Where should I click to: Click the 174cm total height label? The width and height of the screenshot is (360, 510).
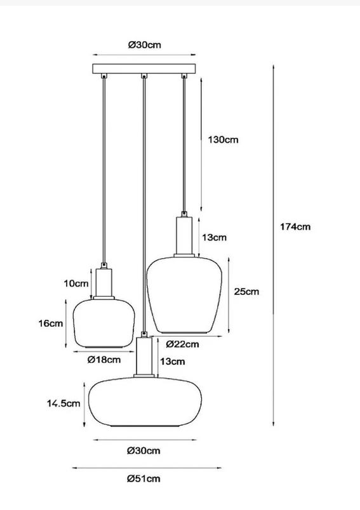295,226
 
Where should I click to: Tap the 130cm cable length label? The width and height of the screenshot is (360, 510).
223,140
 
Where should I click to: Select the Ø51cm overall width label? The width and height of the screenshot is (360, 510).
143,479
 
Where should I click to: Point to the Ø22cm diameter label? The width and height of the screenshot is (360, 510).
182,344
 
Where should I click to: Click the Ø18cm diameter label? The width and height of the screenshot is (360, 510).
104,360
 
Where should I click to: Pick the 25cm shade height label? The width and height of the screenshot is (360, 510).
246,291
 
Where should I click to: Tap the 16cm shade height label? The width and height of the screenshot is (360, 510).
50,324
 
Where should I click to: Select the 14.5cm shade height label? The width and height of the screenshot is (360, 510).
63,403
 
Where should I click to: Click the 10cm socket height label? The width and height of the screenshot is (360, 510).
76,284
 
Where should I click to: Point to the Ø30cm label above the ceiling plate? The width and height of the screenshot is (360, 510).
144,45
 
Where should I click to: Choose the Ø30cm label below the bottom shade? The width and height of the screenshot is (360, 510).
143,451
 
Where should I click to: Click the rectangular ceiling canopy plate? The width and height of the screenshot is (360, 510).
144,69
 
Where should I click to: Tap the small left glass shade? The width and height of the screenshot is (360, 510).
104,324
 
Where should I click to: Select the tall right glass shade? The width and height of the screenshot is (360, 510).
184,295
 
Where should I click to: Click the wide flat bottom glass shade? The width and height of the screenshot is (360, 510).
145,402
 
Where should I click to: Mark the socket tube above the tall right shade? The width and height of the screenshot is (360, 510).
184,236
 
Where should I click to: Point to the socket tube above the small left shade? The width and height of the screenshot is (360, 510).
104,282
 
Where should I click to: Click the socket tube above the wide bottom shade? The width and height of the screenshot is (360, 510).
144,356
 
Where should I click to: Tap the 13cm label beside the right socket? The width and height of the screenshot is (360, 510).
214,237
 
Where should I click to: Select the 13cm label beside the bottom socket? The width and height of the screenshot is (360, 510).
173,362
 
